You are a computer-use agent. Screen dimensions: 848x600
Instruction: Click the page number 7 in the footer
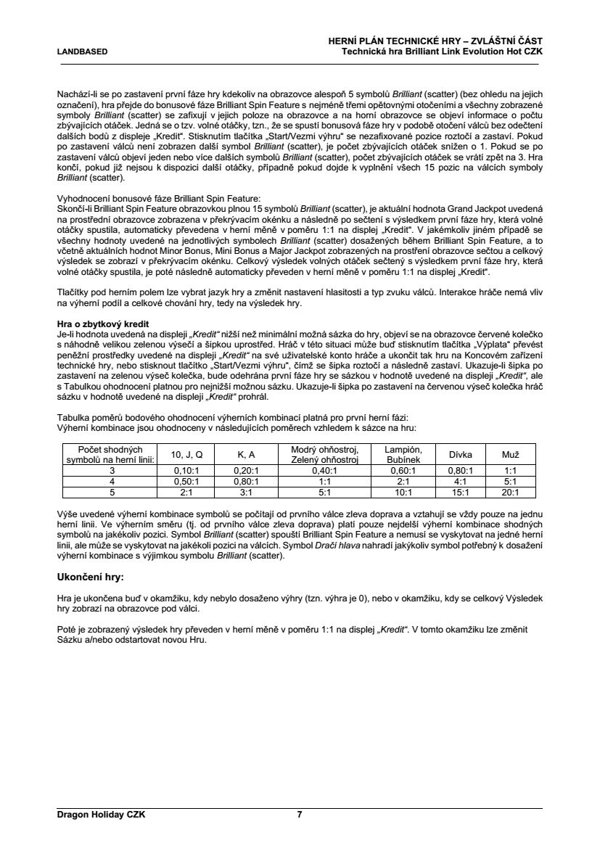[x=300, y=815]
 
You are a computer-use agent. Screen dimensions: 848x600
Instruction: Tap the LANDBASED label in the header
[x=83, y=52]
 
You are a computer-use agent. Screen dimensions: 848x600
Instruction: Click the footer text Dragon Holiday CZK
[x=102, y=815]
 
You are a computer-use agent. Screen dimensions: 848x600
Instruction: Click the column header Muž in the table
[x=511, y=455]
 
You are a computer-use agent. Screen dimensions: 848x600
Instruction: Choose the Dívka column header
[x=461, y=455]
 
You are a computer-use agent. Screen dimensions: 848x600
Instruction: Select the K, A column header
[x=246, y=455]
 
